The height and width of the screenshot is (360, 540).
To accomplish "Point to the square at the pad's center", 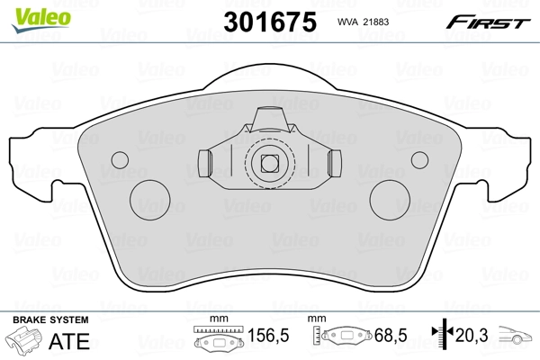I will click(x=267, y=164).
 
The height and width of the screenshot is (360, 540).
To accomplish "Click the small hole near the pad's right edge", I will click(x=418, y=159).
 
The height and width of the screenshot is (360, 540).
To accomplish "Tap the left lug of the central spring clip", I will click(x=204, y=163).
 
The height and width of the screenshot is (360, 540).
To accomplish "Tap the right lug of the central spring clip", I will click(x=334, y=163).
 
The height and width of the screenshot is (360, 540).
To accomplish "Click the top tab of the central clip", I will click(x=268, y=118).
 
